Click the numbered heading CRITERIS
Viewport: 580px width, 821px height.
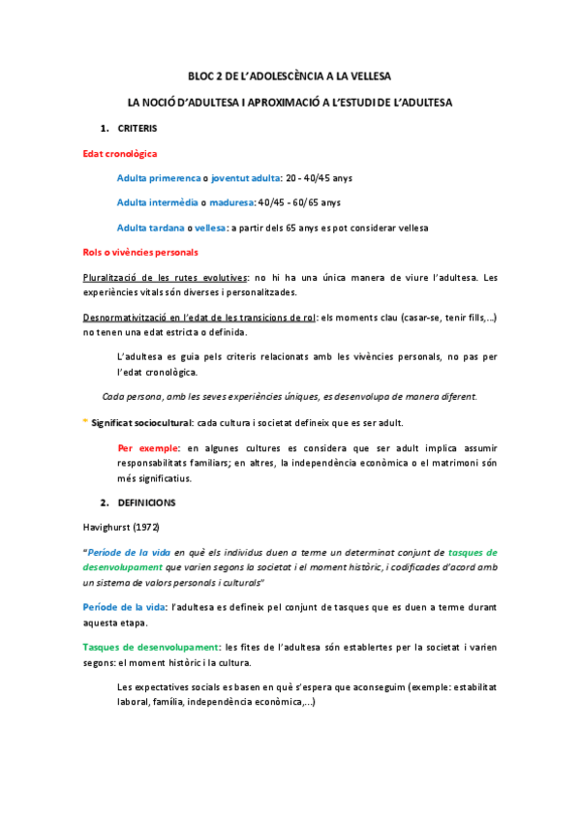[x=137, y=128]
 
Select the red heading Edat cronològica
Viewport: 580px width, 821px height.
[x=120, y=153]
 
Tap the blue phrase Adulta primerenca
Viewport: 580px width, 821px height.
[x=158, y=178]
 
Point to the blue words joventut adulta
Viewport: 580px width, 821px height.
[x=244, y=178]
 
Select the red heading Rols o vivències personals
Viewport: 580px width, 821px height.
[x=141, y=253]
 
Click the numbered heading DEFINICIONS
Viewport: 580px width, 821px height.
[x=145, y=503]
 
